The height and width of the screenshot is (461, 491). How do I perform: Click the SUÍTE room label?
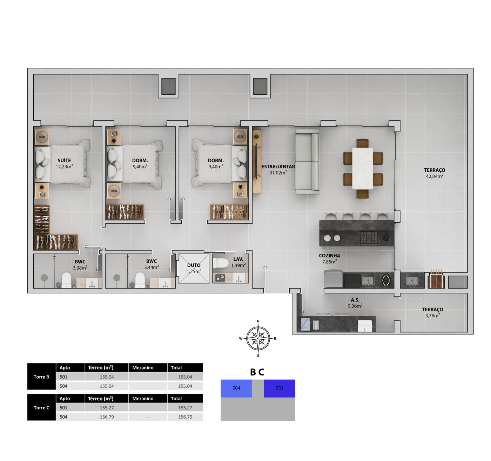coord(64,161)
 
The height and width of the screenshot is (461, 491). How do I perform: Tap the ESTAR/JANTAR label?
coord(278,167)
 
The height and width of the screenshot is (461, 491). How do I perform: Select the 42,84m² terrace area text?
coord(435,176)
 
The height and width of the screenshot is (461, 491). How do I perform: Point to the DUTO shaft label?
coord(194,265)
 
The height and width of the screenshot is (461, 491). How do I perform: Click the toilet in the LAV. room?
coord(221,263)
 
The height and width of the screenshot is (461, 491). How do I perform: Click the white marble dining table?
coord(362,168)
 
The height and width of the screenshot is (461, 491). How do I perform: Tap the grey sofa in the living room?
coord(307,162)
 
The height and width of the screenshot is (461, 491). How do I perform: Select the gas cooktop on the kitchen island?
coord(369,238)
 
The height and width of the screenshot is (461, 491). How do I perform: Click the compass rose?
coord(258,338)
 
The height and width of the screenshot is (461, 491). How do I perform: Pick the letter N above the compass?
coord(258,321)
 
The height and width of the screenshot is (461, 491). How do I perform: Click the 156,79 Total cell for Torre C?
coord(185,417)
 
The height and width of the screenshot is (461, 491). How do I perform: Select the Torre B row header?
coord(41,377)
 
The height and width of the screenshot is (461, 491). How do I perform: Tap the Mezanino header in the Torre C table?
coord(143,399)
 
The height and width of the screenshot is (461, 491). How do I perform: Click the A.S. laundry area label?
coord(355,300)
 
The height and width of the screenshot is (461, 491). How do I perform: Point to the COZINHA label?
coord(329,256)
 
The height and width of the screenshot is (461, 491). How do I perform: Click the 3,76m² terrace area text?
coord(432,316)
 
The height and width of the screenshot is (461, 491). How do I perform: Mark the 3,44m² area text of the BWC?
coord(151,267)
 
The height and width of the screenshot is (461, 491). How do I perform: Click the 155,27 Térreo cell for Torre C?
coord(107,408)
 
